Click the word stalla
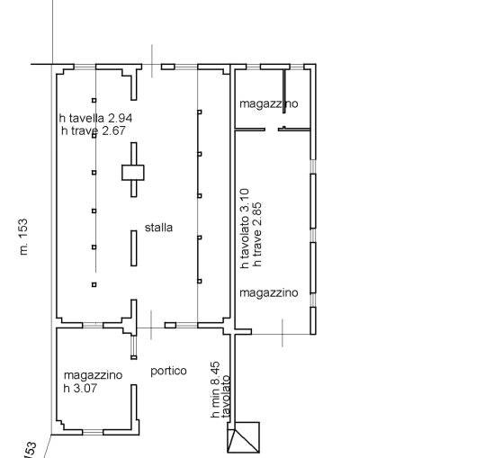tap(158, 228)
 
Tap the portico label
tap(168, 371)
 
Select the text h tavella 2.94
tap(95, 118)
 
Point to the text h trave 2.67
tap(94, 130)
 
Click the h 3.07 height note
tap(80, 388)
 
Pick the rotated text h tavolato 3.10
tap(245, 229)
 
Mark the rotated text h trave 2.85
tap(257, 235)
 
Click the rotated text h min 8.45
tap(216, 390)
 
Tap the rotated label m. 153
tap(23, 238)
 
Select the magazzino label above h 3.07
tap(93, 375)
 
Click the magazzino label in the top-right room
tap(269, 103)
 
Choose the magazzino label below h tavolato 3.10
tap(269, 292)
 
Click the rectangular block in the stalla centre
tap(133, 173)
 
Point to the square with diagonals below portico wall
tap(244, 437)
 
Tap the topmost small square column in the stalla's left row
tap(94, 100)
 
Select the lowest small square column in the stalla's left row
tap(94, 284)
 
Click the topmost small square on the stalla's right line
tap(200, 112)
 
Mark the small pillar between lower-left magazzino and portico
tap(133, 357)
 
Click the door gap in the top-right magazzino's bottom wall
tap(272, 130)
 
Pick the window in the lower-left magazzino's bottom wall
tap(93, 432)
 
